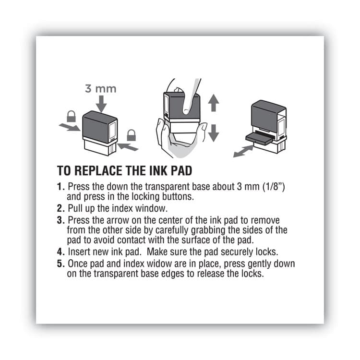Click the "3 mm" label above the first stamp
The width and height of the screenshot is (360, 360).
(101, 89)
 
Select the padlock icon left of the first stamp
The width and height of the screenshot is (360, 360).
(71, 116)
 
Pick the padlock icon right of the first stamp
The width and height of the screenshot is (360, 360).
(131, 135)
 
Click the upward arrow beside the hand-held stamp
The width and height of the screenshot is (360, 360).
(213, 103)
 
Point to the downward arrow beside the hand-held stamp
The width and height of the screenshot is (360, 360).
(213, 132)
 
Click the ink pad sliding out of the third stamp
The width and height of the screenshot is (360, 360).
(260, 137)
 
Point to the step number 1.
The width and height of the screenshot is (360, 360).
(60, 187)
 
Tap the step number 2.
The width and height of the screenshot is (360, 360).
(60, 208)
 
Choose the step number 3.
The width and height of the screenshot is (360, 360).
(60, 220)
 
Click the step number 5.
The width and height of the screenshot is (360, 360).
(60, 264)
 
